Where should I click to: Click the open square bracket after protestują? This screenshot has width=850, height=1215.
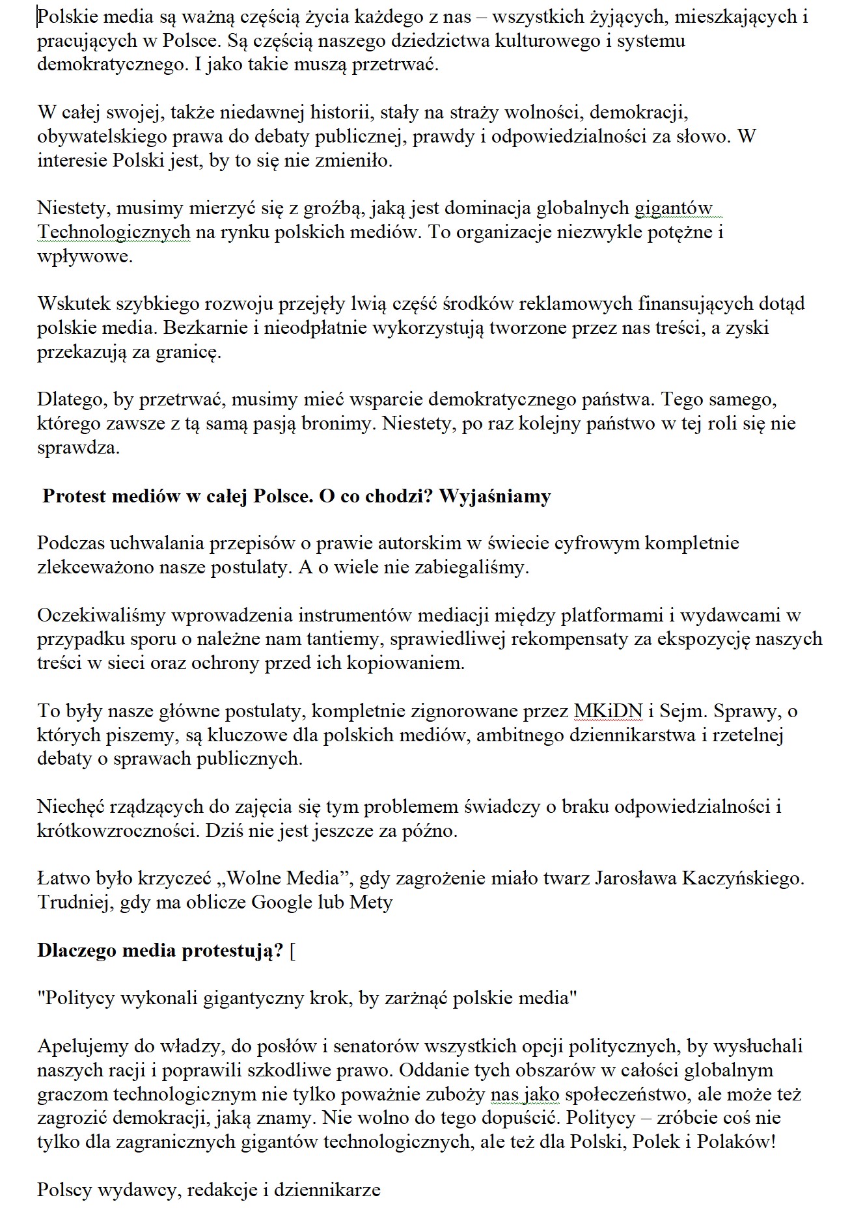tap(293, 951)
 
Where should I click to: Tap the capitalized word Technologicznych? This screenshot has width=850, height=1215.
tap(114, 232)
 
